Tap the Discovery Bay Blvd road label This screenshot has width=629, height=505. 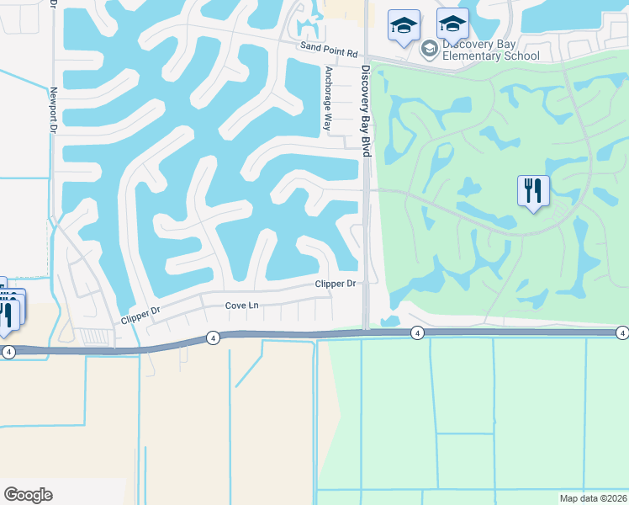pyautogui.click(x=366, y=110)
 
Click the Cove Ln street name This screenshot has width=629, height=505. pyautogui.click(x=241, y=306)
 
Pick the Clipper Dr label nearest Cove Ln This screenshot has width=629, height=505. pyautogui.click(x=140, y=315)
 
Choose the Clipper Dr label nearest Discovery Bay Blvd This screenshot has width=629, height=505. pyautogui.click(x=336, y=284)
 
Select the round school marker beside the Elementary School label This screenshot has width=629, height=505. pyautogui.click(x=429, y=49)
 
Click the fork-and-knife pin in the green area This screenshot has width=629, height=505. pyautogui.click(x=533, y=191)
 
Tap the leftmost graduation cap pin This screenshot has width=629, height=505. pyautogui.click(x=404, y=25)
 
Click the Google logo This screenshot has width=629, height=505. pyautogui.click(x=28, y=495)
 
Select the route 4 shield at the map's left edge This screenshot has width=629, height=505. pyautogui.click(x=8, y=352)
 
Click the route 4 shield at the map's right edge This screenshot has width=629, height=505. pyautogui.click(x=621, y=333)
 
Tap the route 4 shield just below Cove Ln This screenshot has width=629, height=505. pyautogui.click(x=214, y=338)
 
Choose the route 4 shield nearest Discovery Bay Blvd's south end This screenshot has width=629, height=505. pyautogui.click(x=417, y=334)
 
